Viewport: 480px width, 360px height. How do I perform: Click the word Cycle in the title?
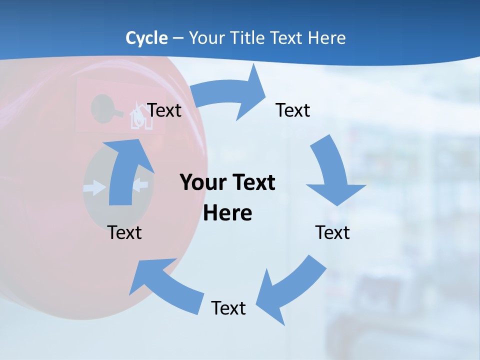[x=146, y=38]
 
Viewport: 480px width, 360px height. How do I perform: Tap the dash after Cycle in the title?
[x=178, y=38]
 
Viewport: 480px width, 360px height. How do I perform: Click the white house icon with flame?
[x=140, y=118]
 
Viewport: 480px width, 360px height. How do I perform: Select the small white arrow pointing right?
[x=95, y=188]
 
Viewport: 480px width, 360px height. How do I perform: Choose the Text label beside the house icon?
[x=164, y=110]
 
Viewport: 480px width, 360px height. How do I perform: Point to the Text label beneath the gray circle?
[x=124, y=232]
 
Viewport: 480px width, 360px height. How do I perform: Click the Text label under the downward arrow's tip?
[x=332, y=232]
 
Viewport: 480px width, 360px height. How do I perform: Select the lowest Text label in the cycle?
[x=228, y=308]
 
